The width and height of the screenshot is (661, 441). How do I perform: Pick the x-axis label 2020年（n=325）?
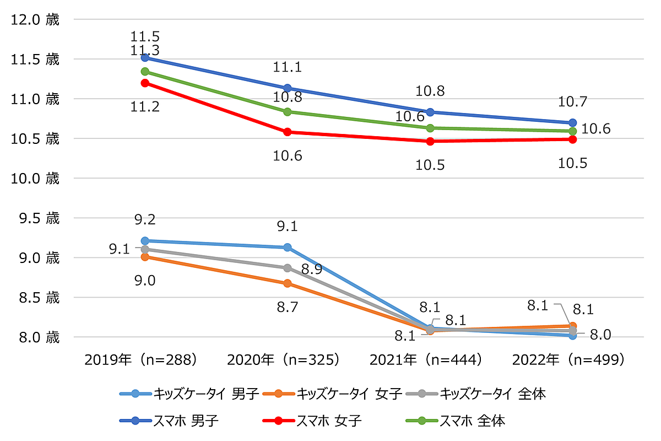[284, 359]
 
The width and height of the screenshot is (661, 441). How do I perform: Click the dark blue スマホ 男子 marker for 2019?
[145, 57]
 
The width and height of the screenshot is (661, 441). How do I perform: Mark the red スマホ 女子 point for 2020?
[288, 132]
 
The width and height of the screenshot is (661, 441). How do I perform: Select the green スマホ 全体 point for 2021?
[430, 128]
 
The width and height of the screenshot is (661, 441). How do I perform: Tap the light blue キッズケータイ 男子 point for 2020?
[288, 248]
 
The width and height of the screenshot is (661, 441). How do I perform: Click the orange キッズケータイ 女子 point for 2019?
[145, 257]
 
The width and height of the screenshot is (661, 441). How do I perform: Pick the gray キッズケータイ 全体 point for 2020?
[288, 268]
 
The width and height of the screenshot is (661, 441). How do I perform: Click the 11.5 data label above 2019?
[145, 37]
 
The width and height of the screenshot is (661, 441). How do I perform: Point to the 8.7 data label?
[288, 307]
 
